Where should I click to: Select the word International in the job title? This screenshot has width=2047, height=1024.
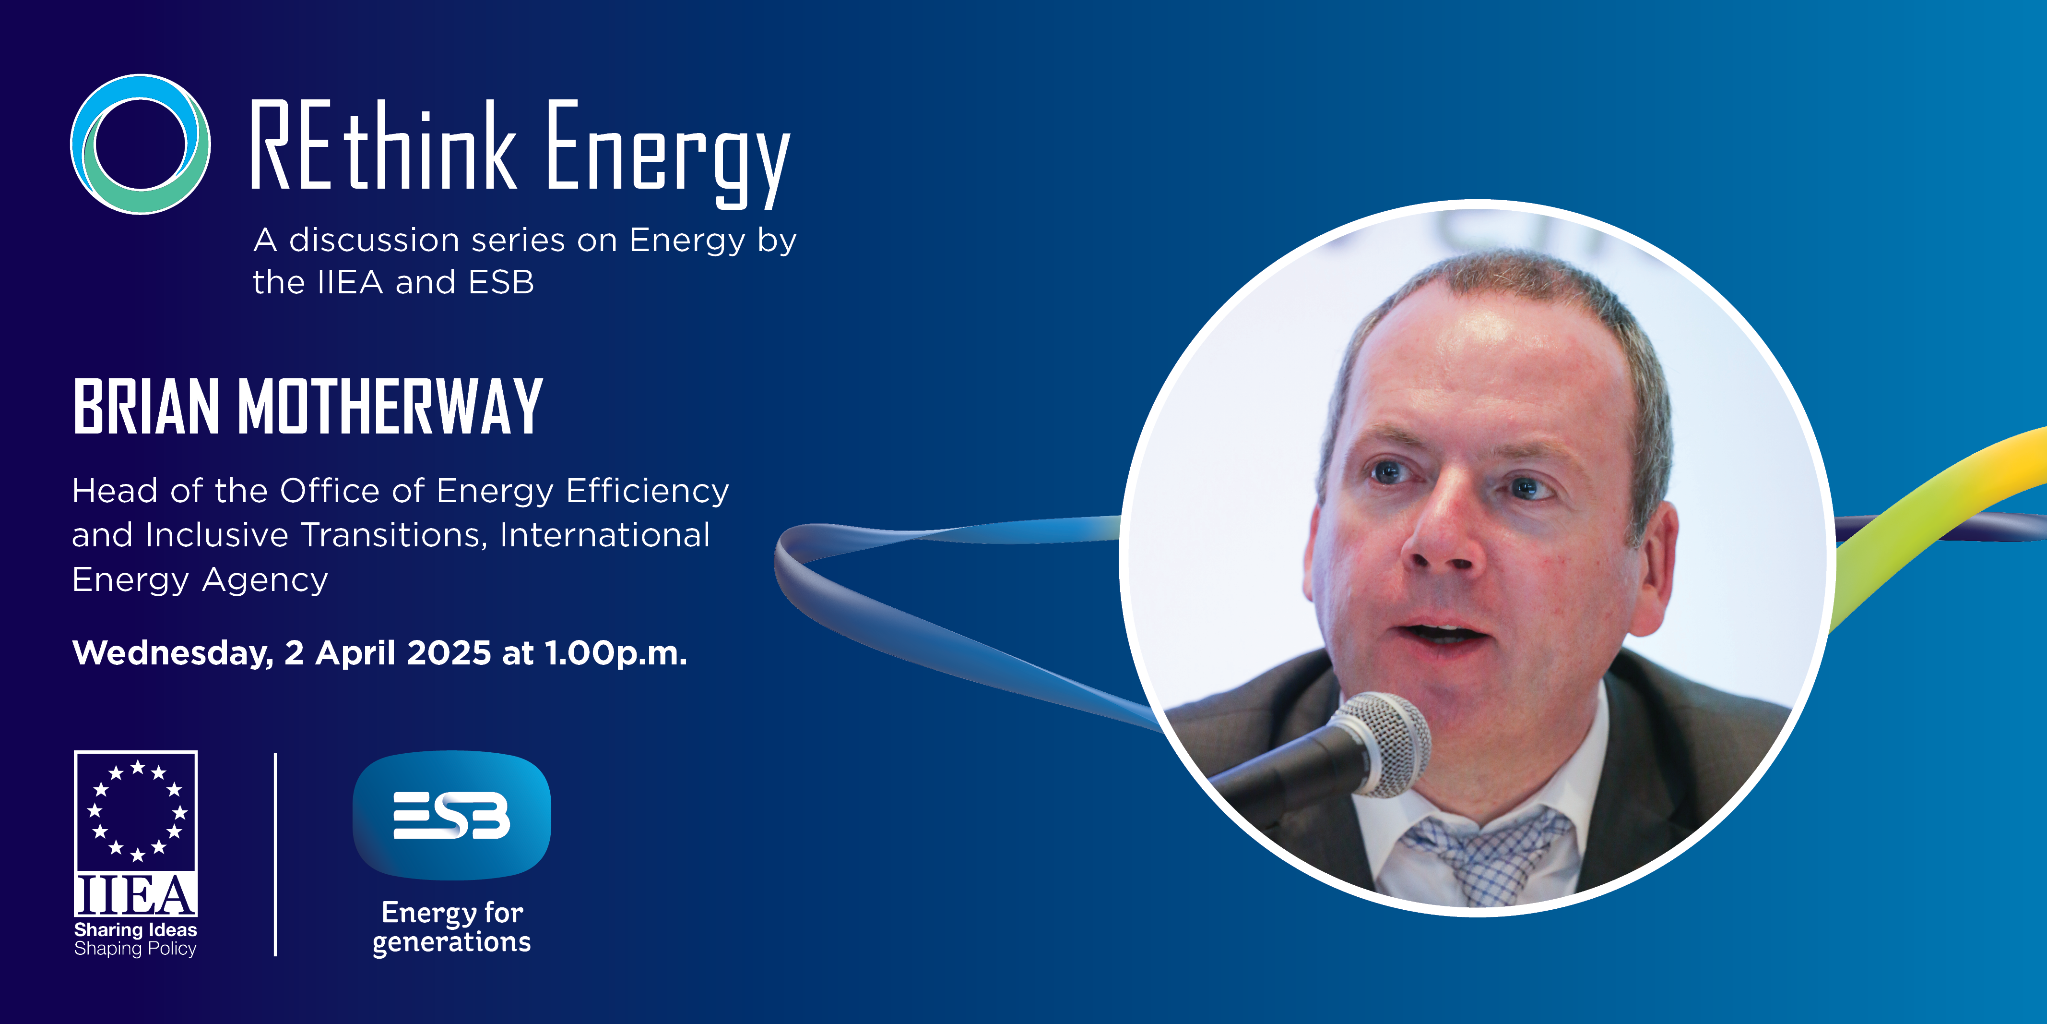[605, 535]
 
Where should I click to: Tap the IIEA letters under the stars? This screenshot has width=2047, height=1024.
[136, 895]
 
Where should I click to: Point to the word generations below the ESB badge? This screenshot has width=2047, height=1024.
[451, 943]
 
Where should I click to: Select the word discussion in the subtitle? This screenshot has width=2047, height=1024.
[374, 240]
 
